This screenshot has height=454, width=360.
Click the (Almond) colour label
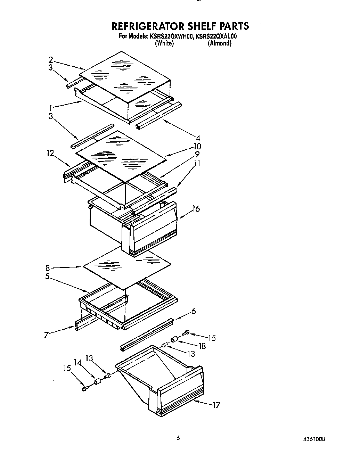(x=219, y=43)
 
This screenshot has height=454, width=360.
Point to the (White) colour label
(x=164, y=43)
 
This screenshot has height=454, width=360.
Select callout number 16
(x=196, y=209)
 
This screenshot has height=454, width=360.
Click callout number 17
(x=216, y=405)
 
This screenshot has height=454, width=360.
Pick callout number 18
(x=202, y=346)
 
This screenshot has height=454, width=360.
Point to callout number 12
(x=50, y=153)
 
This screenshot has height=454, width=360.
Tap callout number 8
(x=48, y=268)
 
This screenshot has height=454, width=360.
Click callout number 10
(x=197, y=146)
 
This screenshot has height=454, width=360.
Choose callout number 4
(x=198, y=138)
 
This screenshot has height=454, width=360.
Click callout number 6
(x=194, y=311)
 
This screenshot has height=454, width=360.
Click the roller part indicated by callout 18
(x=174, y=339)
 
